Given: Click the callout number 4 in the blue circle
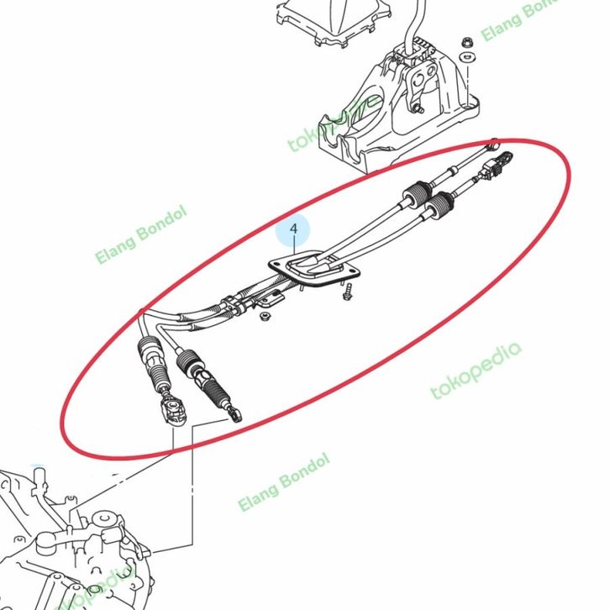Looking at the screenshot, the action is click(x=293, y=229).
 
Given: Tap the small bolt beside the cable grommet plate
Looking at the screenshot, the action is click(x=345, y=292).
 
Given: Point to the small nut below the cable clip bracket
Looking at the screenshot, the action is click(x=264, y=317).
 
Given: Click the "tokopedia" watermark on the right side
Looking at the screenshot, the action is click(x=476, y=370).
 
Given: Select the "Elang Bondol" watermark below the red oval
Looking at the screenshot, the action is click(x=284, y=481).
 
